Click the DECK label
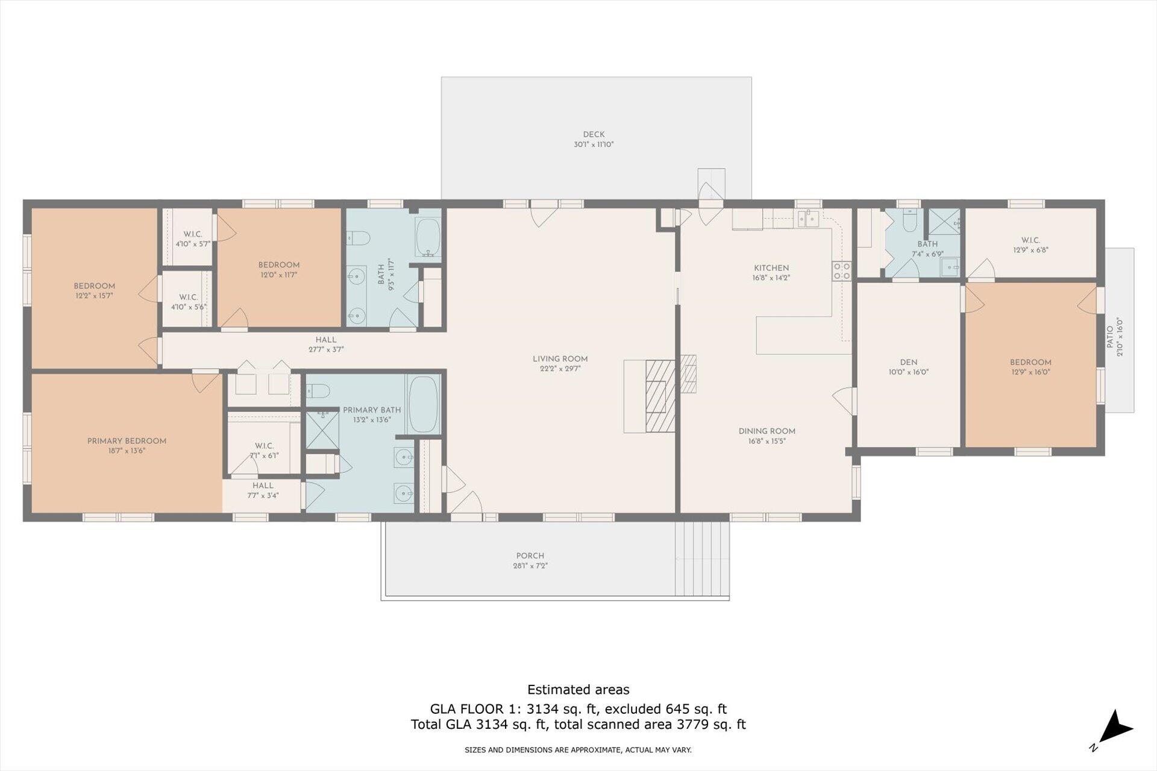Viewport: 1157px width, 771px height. (594, 134)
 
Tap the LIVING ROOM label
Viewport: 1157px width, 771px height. (560, 359)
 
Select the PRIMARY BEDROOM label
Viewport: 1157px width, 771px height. (127, 441)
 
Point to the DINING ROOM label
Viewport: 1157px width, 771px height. (767, 431)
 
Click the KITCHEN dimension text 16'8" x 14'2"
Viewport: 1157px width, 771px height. (771, 278)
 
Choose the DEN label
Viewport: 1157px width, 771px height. (909, 363)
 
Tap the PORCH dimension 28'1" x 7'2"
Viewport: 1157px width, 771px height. (530, 566)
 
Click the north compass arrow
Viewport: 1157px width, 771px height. (1116, 726)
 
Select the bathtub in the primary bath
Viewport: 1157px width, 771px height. (423, 404)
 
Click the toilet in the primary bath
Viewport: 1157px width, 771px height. (318, 392)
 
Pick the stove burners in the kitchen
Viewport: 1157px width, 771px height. (842, 270)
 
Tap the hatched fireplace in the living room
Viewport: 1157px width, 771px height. (660, 396)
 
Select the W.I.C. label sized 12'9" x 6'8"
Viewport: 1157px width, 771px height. (1030, 240)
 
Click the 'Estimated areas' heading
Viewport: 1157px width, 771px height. (578, 690)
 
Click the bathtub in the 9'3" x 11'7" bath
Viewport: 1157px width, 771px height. (428, 237)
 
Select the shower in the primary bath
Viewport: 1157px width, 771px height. (322, 429)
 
